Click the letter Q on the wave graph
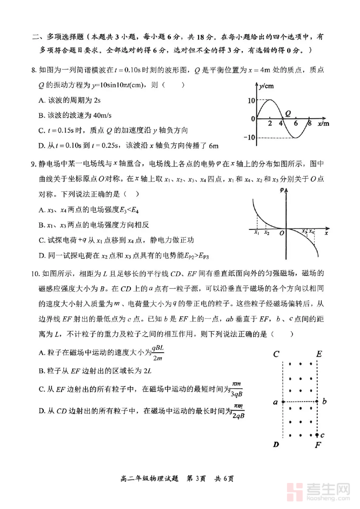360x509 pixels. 288,113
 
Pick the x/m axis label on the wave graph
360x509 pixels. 323,124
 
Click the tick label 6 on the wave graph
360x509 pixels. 296,124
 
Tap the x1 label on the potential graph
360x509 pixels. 257,232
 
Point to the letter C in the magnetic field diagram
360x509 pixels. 276,354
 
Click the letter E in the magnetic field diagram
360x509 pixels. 319,354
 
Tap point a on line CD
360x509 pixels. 283,401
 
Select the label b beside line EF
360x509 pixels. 325,401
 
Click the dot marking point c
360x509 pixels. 317,435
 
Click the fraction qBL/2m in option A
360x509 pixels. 158,353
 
